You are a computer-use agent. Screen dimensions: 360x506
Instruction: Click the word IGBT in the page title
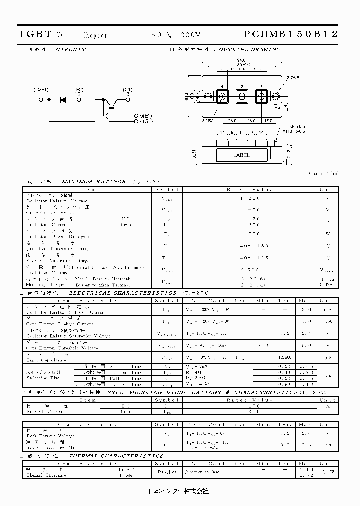[35, 34]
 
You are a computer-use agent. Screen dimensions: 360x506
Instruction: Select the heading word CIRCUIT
[71, 49]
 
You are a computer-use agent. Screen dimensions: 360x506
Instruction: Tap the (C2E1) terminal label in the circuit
[41, 89]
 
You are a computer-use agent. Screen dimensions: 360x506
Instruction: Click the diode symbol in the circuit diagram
[63, 100]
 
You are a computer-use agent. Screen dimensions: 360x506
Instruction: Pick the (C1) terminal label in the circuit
[128, 89]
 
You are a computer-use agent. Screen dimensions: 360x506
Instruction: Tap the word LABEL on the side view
[241, 155]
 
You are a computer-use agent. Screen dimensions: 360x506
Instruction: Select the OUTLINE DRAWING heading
[257, 49]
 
